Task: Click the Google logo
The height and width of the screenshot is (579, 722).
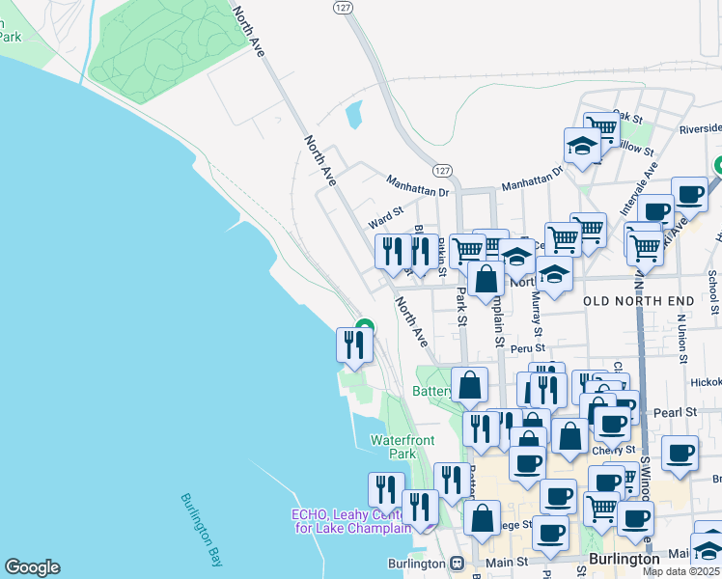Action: coord(32,567)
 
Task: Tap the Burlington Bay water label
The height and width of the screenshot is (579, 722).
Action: coord(202,531)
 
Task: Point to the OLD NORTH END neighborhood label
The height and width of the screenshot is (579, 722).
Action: coord(639,302)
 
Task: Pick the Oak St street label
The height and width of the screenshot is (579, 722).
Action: coord(627,117)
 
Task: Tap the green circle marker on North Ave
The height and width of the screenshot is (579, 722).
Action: coord(365,327)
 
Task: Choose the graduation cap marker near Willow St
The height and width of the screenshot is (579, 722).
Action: coord(582,146)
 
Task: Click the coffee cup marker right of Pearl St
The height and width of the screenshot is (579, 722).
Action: coord(680,452)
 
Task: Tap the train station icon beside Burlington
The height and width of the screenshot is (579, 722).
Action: coord(457,563)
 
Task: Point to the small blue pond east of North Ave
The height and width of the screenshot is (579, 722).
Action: coord(353,115)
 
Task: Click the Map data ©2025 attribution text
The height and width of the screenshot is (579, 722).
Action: coord(680,571)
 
